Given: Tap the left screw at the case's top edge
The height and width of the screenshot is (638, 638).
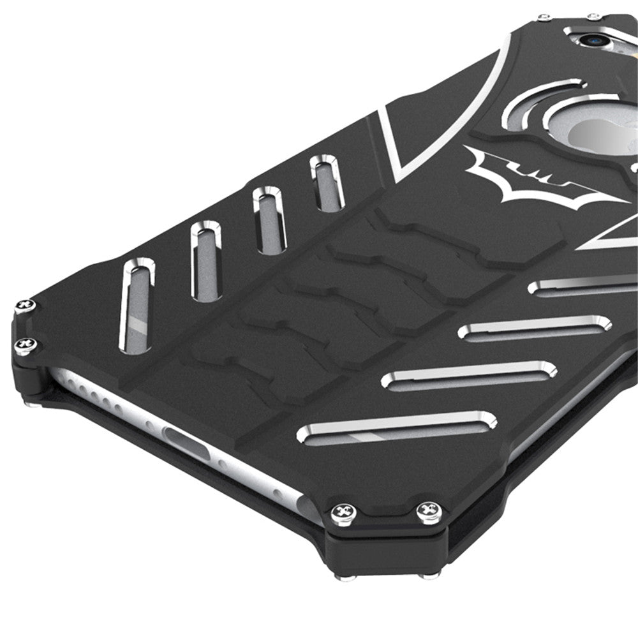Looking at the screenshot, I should (x=544, y=17).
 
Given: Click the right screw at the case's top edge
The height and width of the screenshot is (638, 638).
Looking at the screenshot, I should (x=594, y=16).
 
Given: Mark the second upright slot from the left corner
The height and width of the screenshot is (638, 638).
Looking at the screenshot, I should (x=205, y=260).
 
